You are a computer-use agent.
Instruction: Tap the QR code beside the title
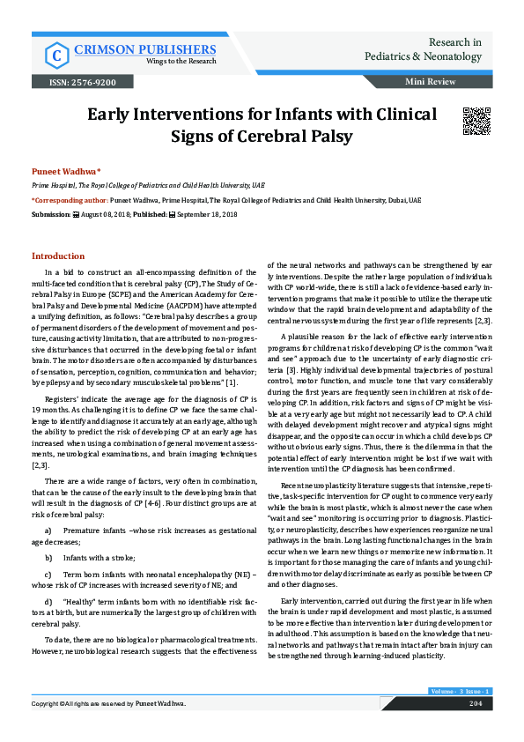pyautogui.click(x=476, y=120)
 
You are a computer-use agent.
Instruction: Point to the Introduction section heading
pyautogui.click(x=58, y=256)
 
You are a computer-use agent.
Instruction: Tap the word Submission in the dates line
pyautogui.click(x=49, y=214)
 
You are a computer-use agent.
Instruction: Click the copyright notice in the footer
pyautogui.click(x=109, y=703)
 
